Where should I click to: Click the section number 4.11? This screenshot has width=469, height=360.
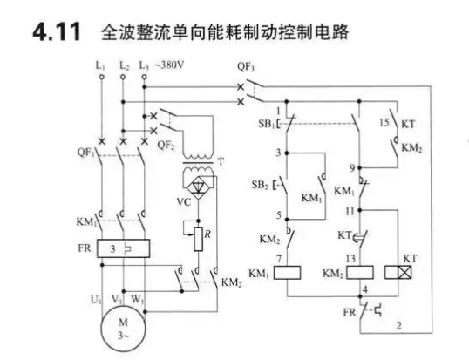(57, 31)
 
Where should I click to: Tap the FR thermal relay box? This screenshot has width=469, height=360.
(123, 248)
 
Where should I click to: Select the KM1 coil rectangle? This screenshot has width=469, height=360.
(288, 273)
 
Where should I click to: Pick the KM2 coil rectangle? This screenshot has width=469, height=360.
(360, 273)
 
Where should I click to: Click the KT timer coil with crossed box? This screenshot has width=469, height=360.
(398, 272)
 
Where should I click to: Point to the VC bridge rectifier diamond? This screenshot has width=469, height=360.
(198, 187)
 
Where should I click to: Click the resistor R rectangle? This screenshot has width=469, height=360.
(198, 239)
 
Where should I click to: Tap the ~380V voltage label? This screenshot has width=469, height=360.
(169, 65)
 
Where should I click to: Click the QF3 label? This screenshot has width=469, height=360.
(246, 66)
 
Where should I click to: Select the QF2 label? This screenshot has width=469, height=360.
(166, 146)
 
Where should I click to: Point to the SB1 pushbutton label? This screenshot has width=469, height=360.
(266, 124)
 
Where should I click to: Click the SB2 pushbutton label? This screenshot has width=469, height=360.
(260, 185)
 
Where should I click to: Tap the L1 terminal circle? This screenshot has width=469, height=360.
(102, 77)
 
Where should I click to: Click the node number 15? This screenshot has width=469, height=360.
(384, 122)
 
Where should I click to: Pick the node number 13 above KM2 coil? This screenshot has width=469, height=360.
(350, 258)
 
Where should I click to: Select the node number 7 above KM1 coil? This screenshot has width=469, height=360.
(279, 259)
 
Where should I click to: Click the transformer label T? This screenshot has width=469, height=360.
(221, 162)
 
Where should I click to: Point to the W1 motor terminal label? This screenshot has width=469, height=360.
(137, 299)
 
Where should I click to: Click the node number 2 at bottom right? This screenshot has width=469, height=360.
(399, 326)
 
